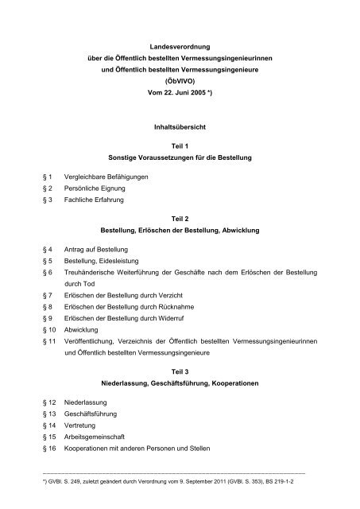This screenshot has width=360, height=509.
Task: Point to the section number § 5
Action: [x=48, y=263]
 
